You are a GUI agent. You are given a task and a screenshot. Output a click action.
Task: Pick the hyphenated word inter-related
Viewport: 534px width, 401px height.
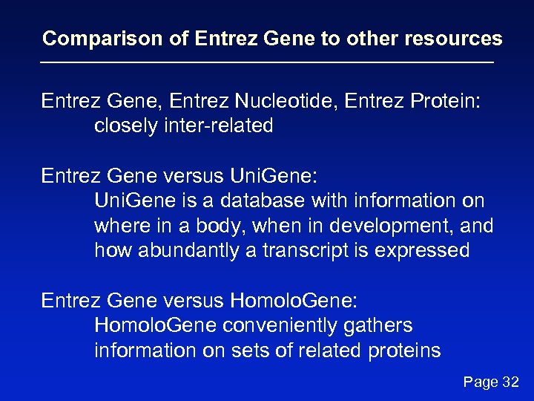[x=222, y=126]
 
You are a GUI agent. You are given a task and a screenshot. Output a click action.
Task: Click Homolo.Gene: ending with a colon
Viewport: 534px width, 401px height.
[x=294, y=300]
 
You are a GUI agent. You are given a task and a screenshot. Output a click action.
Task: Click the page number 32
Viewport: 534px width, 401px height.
[x=510, y=382]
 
